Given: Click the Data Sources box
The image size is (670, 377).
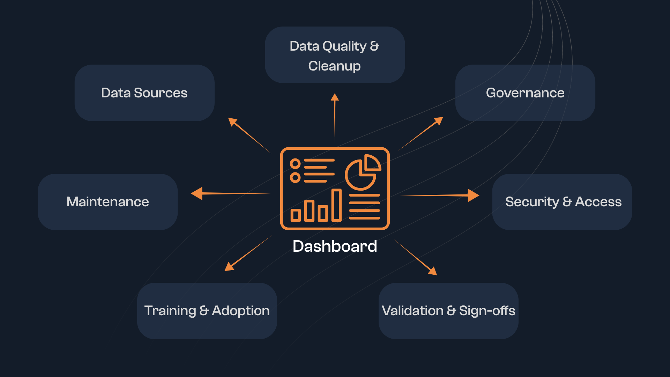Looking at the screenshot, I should coord(144,93).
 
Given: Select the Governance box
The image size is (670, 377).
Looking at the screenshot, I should coord(525,93).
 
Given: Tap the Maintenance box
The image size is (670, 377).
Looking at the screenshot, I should coord(107,202).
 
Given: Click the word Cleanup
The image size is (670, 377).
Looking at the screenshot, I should coord(334,66).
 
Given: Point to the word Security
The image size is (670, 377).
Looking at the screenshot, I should coord(532,202).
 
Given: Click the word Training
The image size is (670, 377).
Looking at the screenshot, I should coord(170,311).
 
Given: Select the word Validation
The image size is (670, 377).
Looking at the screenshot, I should coord(412,311).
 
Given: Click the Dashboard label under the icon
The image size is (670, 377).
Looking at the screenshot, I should coord(335,246).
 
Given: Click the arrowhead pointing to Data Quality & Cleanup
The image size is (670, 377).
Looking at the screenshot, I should coord(335,97).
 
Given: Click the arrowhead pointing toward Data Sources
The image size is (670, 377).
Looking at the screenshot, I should coord(232,121).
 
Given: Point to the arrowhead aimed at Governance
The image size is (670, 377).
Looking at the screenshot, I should coord(439,121).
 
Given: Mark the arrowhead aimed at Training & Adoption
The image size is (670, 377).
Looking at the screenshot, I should coord(229,267).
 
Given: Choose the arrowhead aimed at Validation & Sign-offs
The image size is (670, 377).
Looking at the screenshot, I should coord(433,271).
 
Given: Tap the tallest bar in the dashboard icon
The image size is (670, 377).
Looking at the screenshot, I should coord(336,205).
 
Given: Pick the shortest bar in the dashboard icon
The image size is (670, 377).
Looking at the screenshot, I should coord(296,215).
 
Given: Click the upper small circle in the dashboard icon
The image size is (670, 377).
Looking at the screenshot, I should coord(295,163).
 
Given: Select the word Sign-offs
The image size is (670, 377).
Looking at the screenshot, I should coord(487,311).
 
